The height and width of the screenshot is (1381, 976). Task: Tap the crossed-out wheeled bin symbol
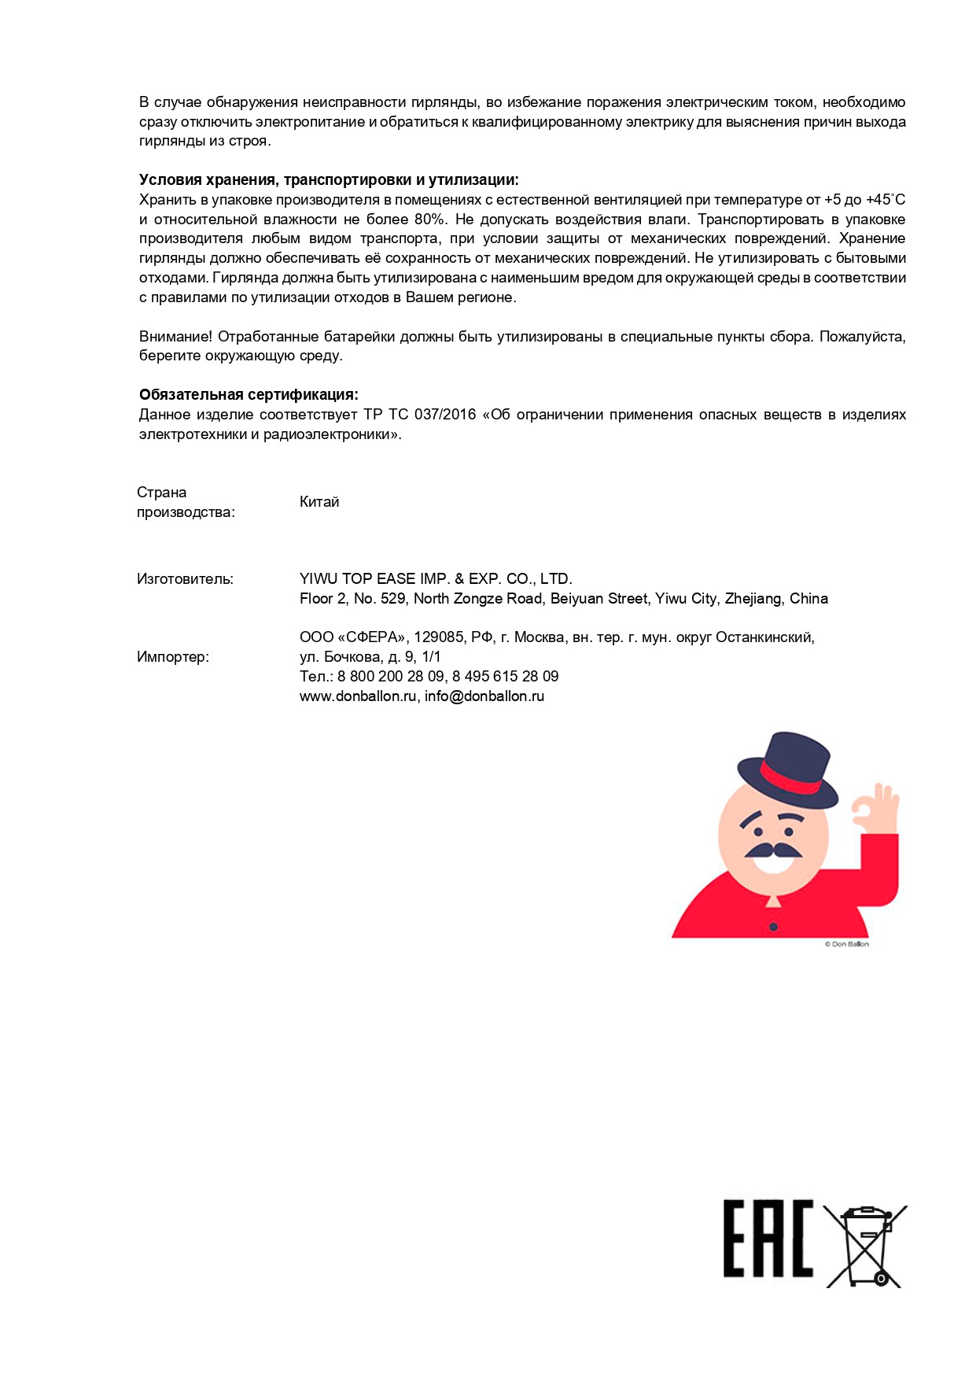866,1245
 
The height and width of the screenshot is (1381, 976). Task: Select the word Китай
319,502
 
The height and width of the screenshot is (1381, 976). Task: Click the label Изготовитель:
185,579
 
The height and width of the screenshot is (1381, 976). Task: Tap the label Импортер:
173,657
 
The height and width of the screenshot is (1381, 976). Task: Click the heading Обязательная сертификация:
249,395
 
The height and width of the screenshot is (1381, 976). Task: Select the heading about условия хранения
329,180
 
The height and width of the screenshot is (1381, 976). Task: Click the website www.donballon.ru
358,696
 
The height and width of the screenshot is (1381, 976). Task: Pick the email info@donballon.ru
484,696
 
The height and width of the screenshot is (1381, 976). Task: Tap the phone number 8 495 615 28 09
505,677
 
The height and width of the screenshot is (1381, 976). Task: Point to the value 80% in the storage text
429,220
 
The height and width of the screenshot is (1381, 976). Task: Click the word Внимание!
175,337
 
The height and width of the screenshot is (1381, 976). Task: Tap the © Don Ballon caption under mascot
846,944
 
